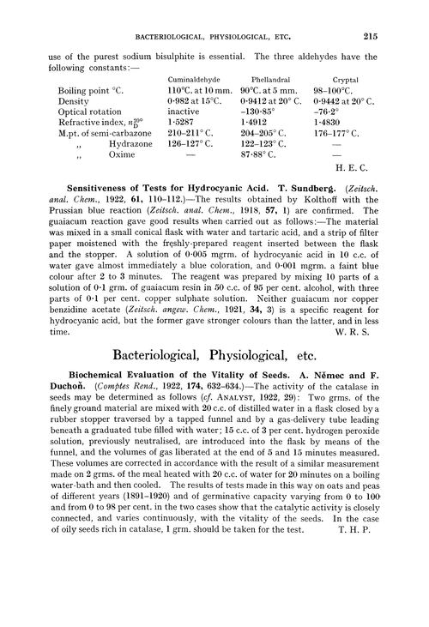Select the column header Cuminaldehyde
click(x=195, y=75)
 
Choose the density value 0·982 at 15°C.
click(x=194, y=100)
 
